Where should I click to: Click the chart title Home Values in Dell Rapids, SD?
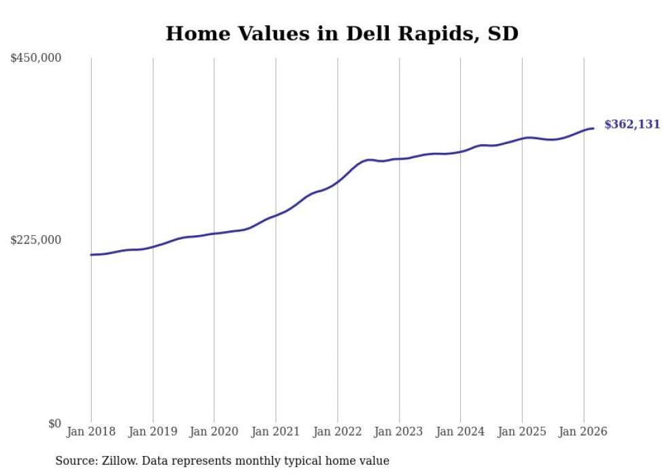click(342, 33)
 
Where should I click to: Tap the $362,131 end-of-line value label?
click(632, 124)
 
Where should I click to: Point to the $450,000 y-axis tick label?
click(36, 58)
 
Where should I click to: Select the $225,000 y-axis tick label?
click(36, 240)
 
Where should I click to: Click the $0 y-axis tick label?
click(54, 423)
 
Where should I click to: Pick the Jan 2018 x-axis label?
click(91, 432)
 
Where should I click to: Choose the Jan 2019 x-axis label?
click(153, 432)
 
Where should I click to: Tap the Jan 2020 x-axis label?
click(214, 432)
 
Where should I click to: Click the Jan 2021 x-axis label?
click(276, 432)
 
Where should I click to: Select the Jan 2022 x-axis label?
click(338, 432)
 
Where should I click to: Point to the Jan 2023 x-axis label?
click(399, 432)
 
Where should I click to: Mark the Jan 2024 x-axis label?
click(461, 432)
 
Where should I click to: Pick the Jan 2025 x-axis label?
click(522, 432)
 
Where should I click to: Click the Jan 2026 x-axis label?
click(584, 432)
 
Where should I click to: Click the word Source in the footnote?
click(74, 461)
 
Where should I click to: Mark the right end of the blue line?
click(593, 128)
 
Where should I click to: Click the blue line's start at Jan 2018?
click(91, 255)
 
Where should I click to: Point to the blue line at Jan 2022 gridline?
click(338, 181)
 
